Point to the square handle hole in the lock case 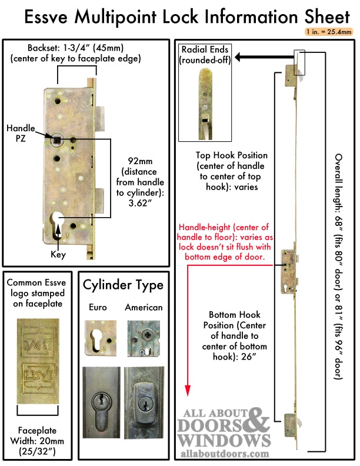click(x=59, y=139)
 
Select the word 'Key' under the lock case click(x=58, y=255)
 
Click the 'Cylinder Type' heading click(x=123, y=285)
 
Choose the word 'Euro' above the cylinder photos click(x=98, y=307)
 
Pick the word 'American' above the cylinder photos click(x=144, y=307)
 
